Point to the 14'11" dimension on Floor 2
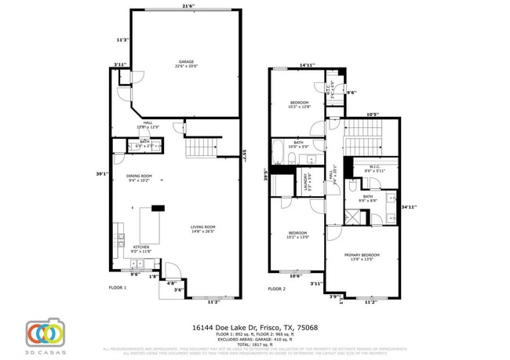point(308,65)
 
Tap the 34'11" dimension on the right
point(408,207)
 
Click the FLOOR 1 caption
point(117,288)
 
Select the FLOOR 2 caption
point(277,289)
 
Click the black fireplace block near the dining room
point(158,208)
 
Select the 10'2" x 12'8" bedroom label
point(300,105)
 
